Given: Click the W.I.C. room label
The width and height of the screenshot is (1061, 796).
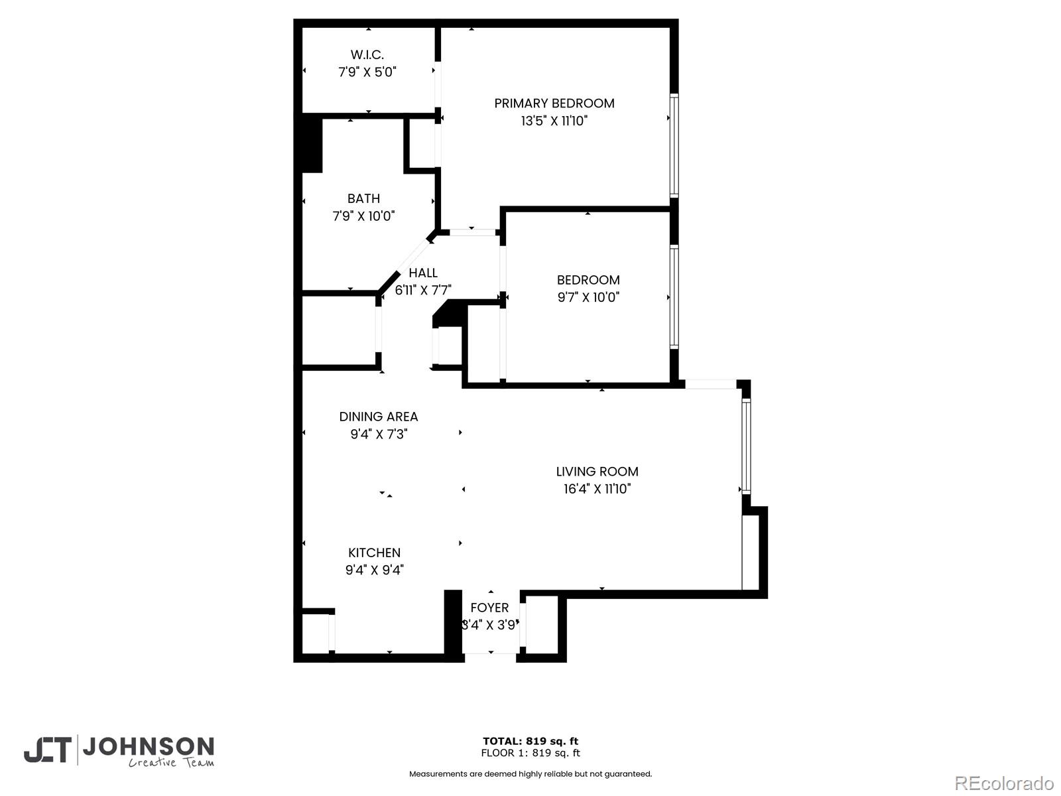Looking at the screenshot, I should click(367, 55).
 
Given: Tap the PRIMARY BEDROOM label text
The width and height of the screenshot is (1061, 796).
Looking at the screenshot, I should click(554, 103).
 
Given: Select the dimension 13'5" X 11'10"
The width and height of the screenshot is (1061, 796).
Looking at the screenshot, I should click(554, 121).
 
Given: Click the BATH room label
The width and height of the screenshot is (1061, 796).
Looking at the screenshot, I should click(363, 198).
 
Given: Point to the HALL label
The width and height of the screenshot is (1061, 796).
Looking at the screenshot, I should click(422, 273).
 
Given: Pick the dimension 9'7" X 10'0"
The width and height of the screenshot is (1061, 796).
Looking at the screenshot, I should click(588, 297).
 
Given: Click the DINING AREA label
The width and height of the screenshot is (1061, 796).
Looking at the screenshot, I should click(378, 417).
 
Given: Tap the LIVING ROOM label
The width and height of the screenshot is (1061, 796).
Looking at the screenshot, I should click(597, 472).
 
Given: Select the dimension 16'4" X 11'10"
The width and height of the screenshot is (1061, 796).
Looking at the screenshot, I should click(597, 489).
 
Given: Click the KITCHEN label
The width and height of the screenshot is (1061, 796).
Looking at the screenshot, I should click(374, 553).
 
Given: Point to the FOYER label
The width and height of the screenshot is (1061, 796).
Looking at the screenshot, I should click(489, 608).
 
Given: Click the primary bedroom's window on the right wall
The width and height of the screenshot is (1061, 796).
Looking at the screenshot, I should click(674, 146).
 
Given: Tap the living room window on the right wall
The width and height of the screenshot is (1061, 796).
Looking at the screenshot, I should click(746, 446).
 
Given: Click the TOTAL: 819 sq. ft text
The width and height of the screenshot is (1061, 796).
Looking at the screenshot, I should click(530, 741).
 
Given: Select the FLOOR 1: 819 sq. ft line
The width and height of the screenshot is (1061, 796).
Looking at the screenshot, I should click(530, 753).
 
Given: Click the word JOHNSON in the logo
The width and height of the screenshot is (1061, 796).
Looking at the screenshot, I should click(148, 747).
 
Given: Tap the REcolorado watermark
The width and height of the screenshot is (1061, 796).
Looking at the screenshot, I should click(1004, 783).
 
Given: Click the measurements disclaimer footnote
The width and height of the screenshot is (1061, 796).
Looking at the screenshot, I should click(530, 773).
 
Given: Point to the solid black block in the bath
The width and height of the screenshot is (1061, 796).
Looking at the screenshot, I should click(312, 145).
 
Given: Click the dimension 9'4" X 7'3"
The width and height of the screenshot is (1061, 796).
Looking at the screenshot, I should click(378, 434).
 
